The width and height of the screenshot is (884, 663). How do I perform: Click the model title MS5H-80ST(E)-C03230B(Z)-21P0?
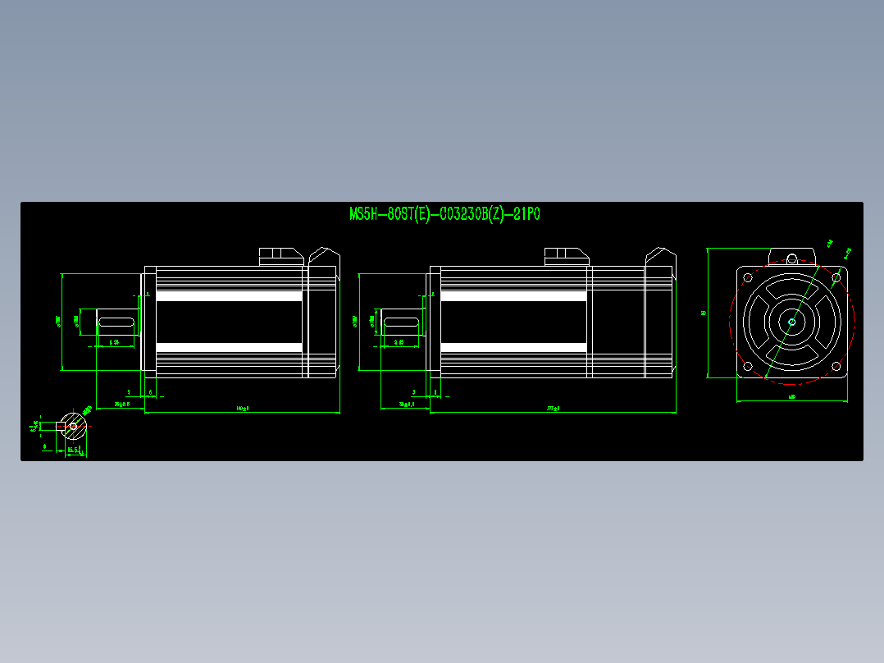444,215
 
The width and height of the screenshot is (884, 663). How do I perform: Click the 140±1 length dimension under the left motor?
242,408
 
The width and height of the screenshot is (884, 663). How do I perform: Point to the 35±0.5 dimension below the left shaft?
121,405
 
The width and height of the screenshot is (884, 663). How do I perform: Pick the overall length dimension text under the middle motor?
553,408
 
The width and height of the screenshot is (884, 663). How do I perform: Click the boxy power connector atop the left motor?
280,256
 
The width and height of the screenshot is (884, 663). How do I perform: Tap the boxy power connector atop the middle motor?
566,256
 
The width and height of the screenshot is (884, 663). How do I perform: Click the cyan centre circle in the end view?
791,322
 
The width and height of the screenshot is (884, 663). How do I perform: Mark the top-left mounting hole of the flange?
748,277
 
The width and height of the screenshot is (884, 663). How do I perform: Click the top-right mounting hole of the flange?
836,277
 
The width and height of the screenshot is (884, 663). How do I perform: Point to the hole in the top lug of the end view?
791,258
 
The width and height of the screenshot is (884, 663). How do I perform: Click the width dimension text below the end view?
791,397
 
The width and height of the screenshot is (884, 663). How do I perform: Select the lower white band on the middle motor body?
514,348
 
